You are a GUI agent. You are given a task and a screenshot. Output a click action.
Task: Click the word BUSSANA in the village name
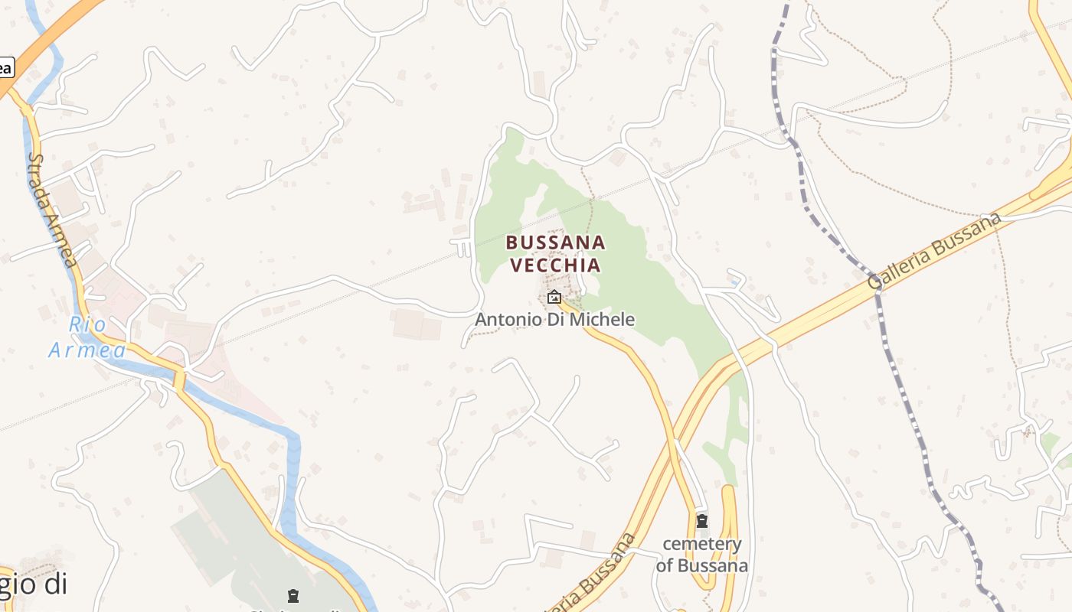(x=555, y=243)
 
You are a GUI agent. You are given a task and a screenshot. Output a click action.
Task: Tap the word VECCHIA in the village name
(x=555, y=265)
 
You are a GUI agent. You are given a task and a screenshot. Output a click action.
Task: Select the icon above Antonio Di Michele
(x=554, y=297)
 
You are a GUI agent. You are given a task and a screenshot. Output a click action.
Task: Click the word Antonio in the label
(x=504, y=319)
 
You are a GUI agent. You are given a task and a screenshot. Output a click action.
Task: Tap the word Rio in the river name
(x=87, y=325)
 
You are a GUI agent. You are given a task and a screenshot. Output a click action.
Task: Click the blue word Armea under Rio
(x=87, y=350)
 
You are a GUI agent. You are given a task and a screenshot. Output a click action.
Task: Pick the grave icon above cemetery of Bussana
(x=701, y=521)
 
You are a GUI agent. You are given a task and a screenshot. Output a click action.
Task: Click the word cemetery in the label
(x=702, y=545)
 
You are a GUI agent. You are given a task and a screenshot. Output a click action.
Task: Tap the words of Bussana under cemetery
(x=702, y=566)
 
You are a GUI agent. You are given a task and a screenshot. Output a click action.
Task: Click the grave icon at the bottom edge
(x=293, y=596)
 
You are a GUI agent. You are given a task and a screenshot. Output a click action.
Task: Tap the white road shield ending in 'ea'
(x=5, y=67)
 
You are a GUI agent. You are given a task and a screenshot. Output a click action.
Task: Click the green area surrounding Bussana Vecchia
(x=651, y=291)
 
